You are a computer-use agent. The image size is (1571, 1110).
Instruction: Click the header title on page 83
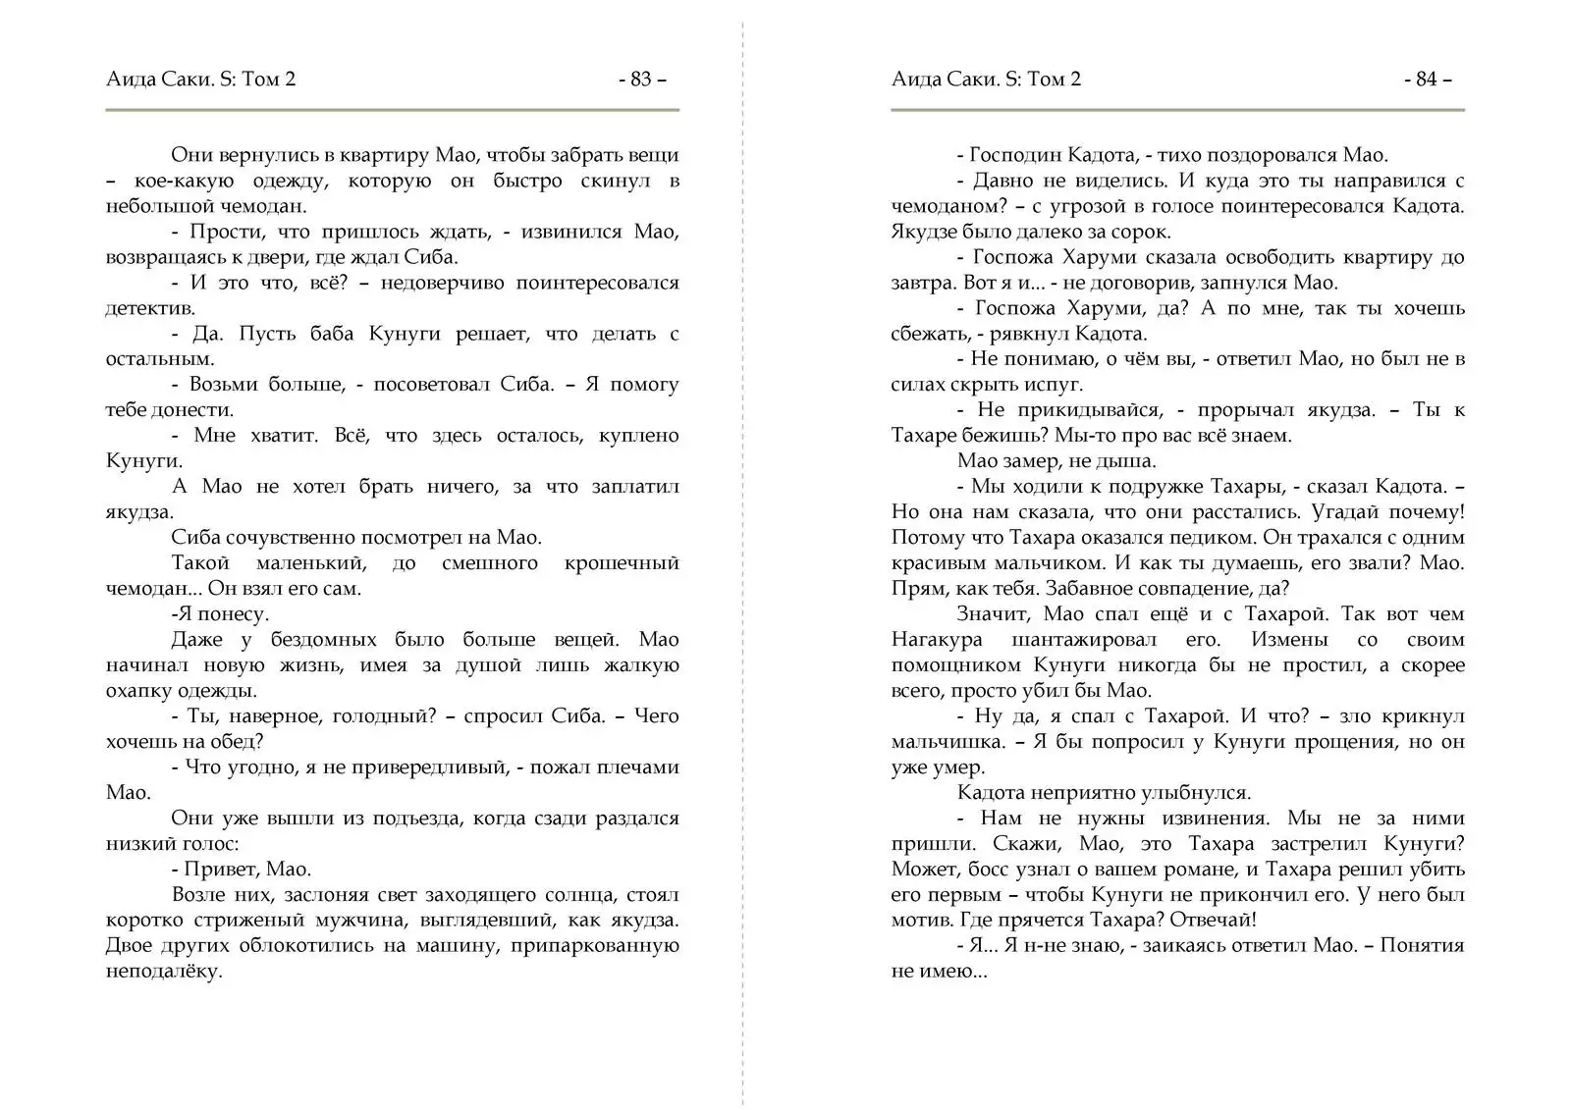coord(201,79)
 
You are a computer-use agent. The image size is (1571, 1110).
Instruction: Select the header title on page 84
coord(987,79)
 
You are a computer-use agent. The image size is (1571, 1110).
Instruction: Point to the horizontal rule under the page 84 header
coord(1177,110)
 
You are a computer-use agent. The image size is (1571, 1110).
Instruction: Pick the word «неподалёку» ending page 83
coord(163,972)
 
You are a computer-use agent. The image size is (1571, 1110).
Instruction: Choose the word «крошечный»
coord(622,563)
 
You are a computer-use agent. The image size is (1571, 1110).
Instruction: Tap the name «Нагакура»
coord(937,640)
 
